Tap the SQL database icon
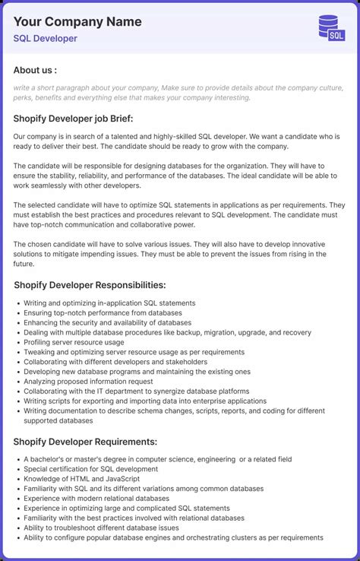pos(331,27)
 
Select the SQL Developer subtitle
pos(45,38)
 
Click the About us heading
pos(35,70)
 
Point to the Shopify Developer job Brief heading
pos(73,118)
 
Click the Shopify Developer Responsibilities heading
pos(90,285)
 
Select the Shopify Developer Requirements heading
pos(85,442)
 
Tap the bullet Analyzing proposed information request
pos(88,382)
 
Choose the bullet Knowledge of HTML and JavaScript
pos(81,479)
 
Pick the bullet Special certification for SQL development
pos(90,469)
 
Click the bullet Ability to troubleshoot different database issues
pos(101,528)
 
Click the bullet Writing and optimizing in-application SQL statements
pos(109,303)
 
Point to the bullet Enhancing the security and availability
pos(107,322)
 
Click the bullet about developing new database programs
pos(137,372)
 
